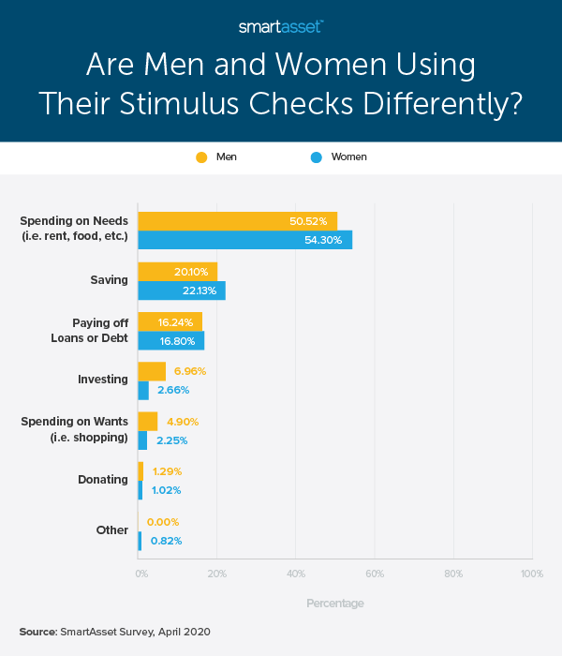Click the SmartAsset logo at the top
point(280,26)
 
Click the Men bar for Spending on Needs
point(237,221)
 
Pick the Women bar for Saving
point(181,291)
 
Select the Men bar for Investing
point(152,370)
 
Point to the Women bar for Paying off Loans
point(170,340)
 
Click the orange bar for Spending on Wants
point(147,421)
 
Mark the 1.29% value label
point(167,471)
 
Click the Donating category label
point(102,480)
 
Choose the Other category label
point(111,530)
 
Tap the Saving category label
point(109,279)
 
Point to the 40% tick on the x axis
point(296,573)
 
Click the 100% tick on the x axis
point(531,573)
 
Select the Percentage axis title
point(334,604)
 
